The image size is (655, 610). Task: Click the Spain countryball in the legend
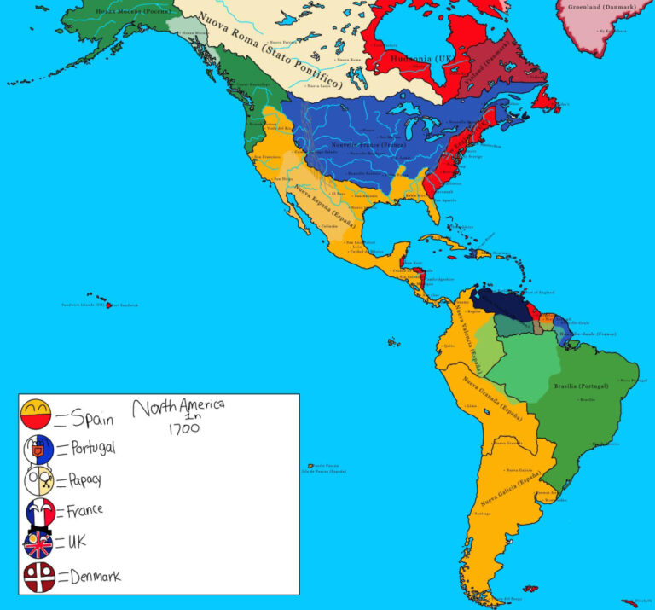point(37,415)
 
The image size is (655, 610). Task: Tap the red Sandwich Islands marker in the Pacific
point(109,305)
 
